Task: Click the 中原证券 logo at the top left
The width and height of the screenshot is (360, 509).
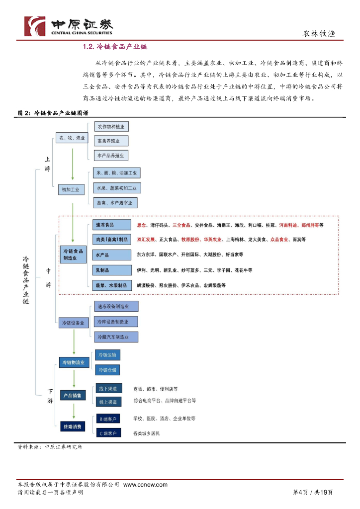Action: (x=69, y=26)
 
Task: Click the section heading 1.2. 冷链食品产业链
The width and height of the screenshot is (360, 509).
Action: (x=115, y=47)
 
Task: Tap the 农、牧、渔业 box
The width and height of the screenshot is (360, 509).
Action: (x=72, y=138)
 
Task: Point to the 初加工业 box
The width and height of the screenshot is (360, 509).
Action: (x=70, y=189)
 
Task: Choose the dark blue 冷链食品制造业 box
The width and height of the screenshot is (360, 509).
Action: (x=73, y=254)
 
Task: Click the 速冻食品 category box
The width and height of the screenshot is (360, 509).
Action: (x=112, y=225)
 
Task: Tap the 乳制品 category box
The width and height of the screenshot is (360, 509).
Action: (x=112, y=270)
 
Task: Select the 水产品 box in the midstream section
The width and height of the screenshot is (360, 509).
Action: (x=112, y=255)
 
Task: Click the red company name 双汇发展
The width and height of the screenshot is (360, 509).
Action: (x=145, y=240)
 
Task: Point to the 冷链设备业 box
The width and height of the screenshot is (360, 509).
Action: (x=73, y=323)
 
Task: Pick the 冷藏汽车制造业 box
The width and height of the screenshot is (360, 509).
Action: (x=116, y=337)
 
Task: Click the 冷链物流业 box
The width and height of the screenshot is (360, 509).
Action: (x=73, y=362)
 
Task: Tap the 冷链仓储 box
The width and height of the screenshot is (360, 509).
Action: (x=107, y=370)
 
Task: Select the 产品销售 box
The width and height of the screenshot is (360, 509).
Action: (x=73, y=395)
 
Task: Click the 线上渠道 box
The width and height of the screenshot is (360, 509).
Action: (x=108, y=402)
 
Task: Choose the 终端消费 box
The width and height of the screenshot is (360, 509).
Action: (x=73, y=426)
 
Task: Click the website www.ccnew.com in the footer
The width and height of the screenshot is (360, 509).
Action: (x=145, y=485)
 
